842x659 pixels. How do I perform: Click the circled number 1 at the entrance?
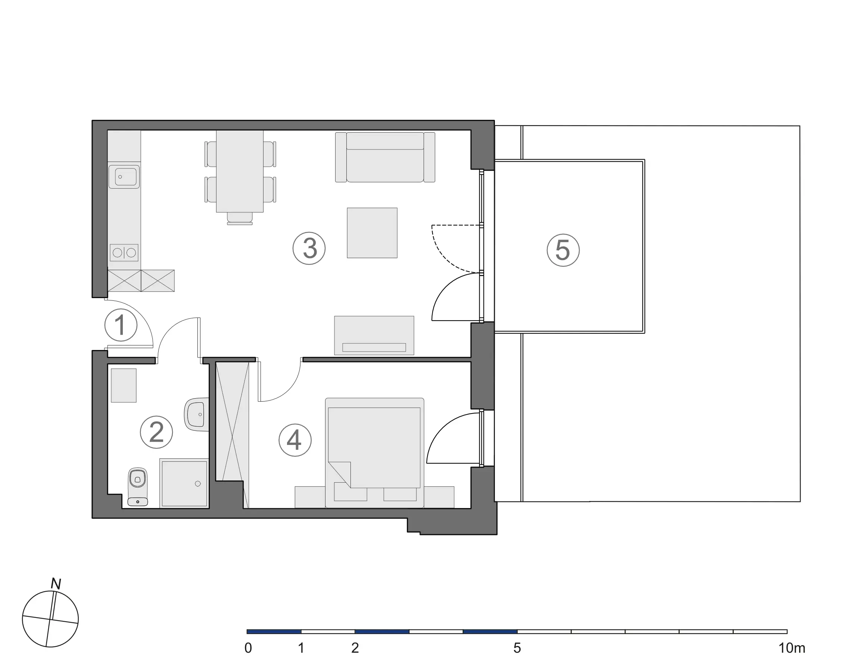click(x=121, y=325)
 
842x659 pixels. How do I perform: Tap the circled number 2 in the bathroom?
click(x=156, y=432)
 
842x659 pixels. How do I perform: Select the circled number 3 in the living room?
click(x=309, y=248)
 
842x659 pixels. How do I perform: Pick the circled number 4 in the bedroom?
click(x=295, y=440)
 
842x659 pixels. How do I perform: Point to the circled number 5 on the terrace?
click(x=563, y=250)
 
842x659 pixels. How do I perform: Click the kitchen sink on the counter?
click(x=124, y=177)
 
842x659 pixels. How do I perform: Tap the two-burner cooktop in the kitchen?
click(x=124, y=253)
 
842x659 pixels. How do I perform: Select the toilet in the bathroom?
click(x=138, y=486)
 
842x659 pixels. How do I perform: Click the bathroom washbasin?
click(x=197, y=414)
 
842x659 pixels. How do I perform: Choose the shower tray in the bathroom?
click(x=184, y=483)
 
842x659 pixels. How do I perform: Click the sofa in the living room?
click(x=385, y=157)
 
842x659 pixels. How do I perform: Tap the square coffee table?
click(x=372, y=233)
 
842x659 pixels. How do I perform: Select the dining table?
click(x=240, y=171)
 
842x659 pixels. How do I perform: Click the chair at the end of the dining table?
click(x=240, y=219)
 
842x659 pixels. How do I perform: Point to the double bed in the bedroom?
click(x=374, y=452)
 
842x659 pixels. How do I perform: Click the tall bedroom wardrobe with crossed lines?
click(x=232, y=435)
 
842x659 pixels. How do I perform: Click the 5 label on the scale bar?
click(x=517, y=648)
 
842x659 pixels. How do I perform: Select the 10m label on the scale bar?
click(x=792, y=648)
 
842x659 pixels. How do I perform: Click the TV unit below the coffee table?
click(x=374, y=335)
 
